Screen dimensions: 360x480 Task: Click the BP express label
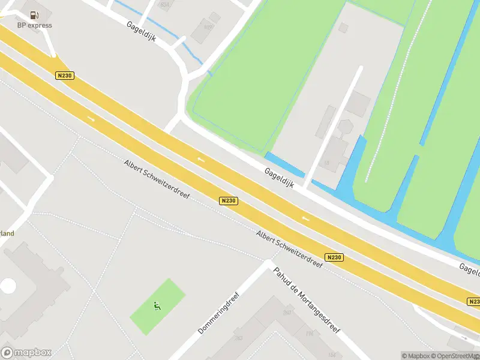point(34,25)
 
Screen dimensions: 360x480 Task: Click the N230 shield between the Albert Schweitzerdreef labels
point(228,201)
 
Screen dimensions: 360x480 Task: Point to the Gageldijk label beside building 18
point(279,177)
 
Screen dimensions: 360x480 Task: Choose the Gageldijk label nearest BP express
point(142,31)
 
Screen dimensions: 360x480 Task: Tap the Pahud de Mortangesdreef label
point(307,301)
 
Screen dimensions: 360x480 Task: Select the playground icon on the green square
point(157,307)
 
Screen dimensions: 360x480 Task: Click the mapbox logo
point(26,353)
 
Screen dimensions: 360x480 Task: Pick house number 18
point(326,163)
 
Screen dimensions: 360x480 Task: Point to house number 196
point(310,334)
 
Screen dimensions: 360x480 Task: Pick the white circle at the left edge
point(8,286)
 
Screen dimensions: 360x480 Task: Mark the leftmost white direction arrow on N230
point(91,119)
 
